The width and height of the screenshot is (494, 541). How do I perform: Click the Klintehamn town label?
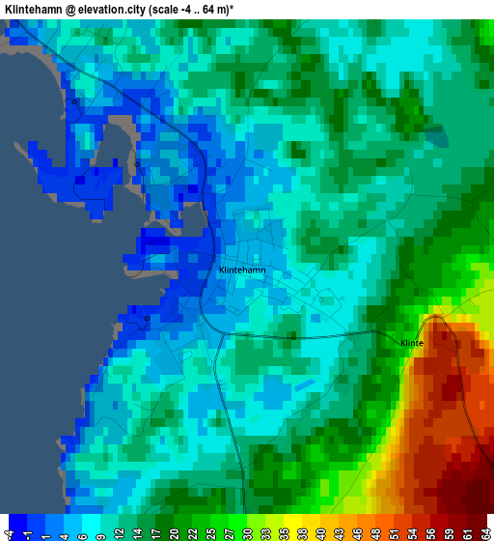(242, 270)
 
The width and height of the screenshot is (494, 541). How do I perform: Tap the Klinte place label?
(412, 343)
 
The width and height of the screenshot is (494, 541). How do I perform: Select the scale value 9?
(101, 527)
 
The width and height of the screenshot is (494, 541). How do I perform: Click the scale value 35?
(286, 527)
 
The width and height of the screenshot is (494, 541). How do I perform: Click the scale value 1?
(46, 527)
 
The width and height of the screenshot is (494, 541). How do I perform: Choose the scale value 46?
(360, 527)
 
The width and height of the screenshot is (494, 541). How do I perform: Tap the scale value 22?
(194, 527)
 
